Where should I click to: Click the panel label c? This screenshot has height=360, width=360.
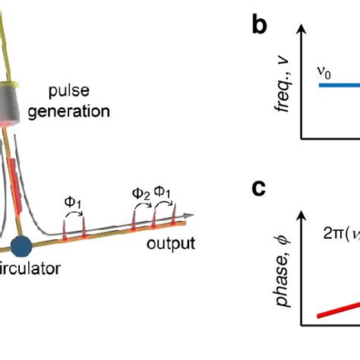[x=261, y=188]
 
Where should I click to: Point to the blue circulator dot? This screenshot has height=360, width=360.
[x=21, y=246]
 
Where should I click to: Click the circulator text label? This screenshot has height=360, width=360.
[x=26, y=267]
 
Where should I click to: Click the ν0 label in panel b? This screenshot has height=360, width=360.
[x=326, y=71]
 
